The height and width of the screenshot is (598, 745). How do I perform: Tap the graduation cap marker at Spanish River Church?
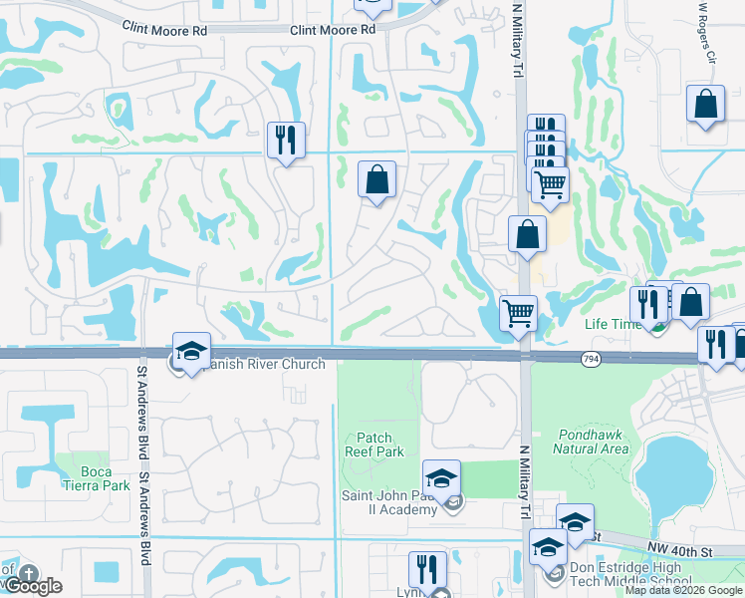(191, 352)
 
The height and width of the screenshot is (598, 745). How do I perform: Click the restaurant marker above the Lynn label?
(427, 571)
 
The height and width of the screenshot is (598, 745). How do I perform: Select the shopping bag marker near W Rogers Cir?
(705, 105)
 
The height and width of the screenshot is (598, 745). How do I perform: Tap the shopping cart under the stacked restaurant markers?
(550, 183)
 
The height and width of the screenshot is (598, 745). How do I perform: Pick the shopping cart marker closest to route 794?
(519, 313)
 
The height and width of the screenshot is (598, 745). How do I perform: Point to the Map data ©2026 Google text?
(683, 590)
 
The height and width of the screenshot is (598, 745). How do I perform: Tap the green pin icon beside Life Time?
(653, 324)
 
